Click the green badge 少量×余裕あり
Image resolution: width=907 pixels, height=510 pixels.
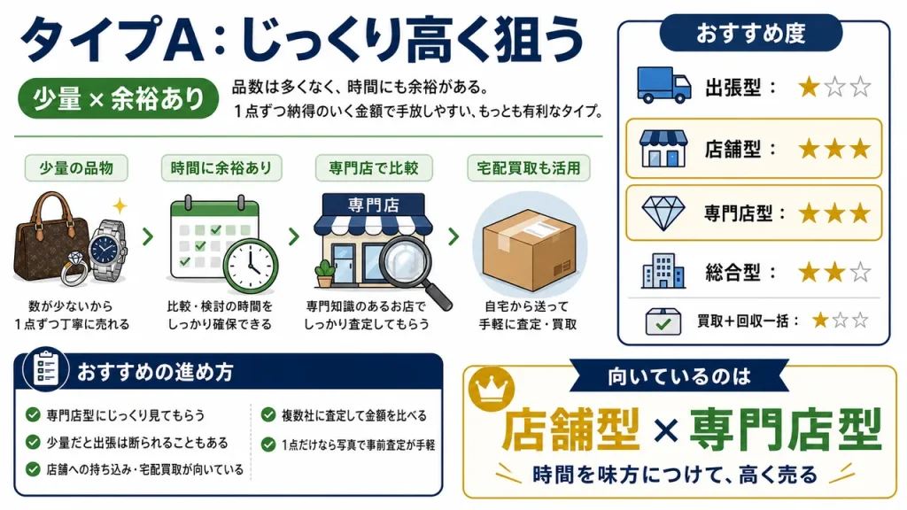pyautogui.click(x=119, y=98)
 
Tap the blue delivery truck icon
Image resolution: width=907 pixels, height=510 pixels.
pyautogui.click(x=663, y=85)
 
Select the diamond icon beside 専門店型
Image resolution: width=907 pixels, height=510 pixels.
pyautogui.click(x=663, y=212)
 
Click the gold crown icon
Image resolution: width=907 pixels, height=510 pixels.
pyautogui.click(x=491, y=388)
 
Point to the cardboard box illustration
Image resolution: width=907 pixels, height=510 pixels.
pyautogui.click(x=529, y=249)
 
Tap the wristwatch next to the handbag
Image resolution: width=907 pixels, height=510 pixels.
pyautogui.click(x=107, y=249)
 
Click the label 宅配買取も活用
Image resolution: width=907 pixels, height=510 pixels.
pyautogui.click(x=528, y=168)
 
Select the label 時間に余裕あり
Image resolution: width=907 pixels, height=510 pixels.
pyautogui.click(x=221, y=168)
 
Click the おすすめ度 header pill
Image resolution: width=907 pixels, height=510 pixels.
pyautogui.click(x=751, y=33)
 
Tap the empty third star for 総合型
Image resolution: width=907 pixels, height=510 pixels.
pyautogui.click(x=860, y=271)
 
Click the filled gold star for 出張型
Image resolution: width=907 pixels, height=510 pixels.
pyautogui.click(x=809, y=88)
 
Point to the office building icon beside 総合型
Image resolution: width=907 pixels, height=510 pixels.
pyautogui.click(x=663, y=271)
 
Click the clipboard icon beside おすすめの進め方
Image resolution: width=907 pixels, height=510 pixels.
pyautogui.click(x=46, y=369)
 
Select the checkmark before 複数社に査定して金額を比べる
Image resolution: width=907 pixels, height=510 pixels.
pyautogui.click(x=267, y=414)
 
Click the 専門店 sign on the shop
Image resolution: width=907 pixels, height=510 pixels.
pyautogui.click(x=374, y=205)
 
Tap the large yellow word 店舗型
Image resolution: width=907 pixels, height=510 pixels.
pyautogui.click(x=571, y=429)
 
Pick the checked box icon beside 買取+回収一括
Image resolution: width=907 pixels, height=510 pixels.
pyautogui.click(x=663, y=321)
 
